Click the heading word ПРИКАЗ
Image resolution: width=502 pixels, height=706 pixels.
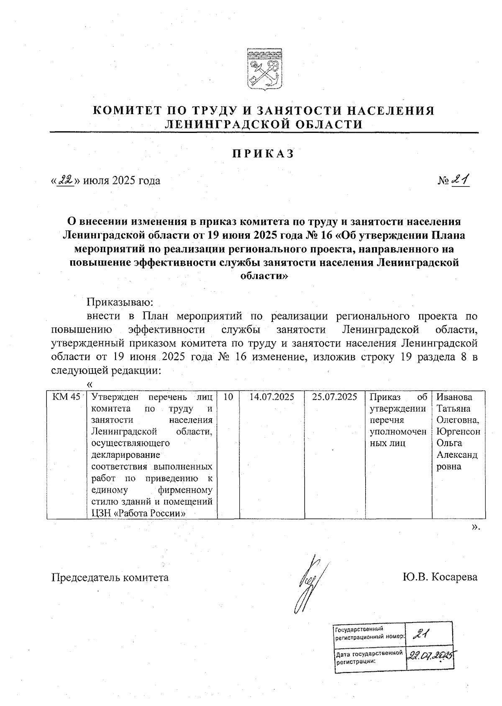point(263,154)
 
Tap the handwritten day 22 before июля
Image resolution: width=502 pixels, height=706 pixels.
point(66,180)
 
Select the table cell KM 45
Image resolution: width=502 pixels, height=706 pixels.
point(66,397)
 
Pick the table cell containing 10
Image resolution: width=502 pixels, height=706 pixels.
point(228,397)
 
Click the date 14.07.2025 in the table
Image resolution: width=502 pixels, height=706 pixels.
point(271,397)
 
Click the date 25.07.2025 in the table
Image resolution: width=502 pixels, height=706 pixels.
point(334,397)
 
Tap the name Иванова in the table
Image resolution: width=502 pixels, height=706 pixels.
point(454,397)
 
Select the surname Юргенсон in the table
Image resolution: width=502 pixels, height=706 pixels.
point(458,431)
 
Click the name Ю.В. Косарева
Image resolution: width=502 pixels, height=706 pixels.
point(439,577)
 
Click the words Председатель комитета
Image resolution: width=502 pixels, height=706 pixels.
point(110,577)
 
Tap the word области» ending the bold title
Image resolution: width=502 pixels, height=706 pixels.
point(264,276)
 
